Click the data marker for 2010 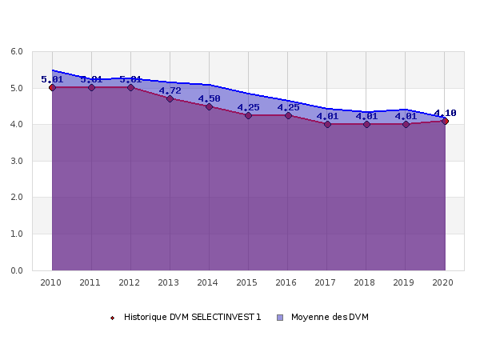coord(52,87)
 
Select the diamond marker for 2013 coord(170,98)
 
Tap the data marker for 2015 coord(248,115)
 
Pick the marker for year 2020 coord(445,121)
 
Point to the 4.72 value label coord(170,90)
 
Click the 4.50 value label coord(209,98)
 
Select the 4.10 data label coord(445,113)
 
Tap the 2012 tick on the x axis coord(130,282)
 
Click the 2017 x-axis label coord(326,282)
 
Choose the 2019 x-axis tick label coord(405,282)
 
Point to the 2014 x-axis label coord(209,282)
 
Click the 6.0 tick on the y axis coord(16,52)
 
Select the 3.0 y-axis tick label coord(16,162)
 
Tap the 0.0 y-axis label coord(16,270)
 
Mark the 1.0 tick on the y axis coord(16,234)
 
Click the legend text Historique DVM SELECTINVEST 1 coord(192,318)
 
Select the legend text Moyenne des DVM coord(330,318)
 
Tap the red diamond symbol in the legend coord(113,318)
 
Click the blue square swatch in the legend coord(280,318)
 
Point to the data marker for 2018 coord(366,124)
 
